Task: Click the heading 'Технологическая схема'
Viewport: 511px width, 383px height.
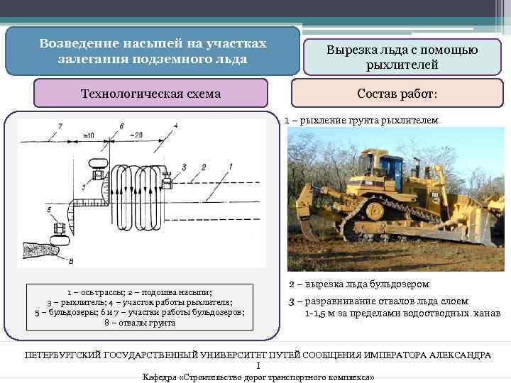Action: click(x=150, y=94)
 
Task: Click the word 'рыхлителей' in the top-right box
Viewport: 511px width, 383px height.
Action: click(x=402, y=65)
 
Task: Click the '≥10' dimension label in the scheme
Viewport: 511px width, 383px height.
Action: click(x=88, y=135)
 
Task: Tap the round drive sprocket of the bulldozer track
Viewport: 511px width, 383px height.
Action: click(x=375, y=210)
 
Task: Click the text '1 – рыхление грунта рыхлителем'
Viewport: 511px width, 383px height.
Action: click(x=362, y=121)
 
